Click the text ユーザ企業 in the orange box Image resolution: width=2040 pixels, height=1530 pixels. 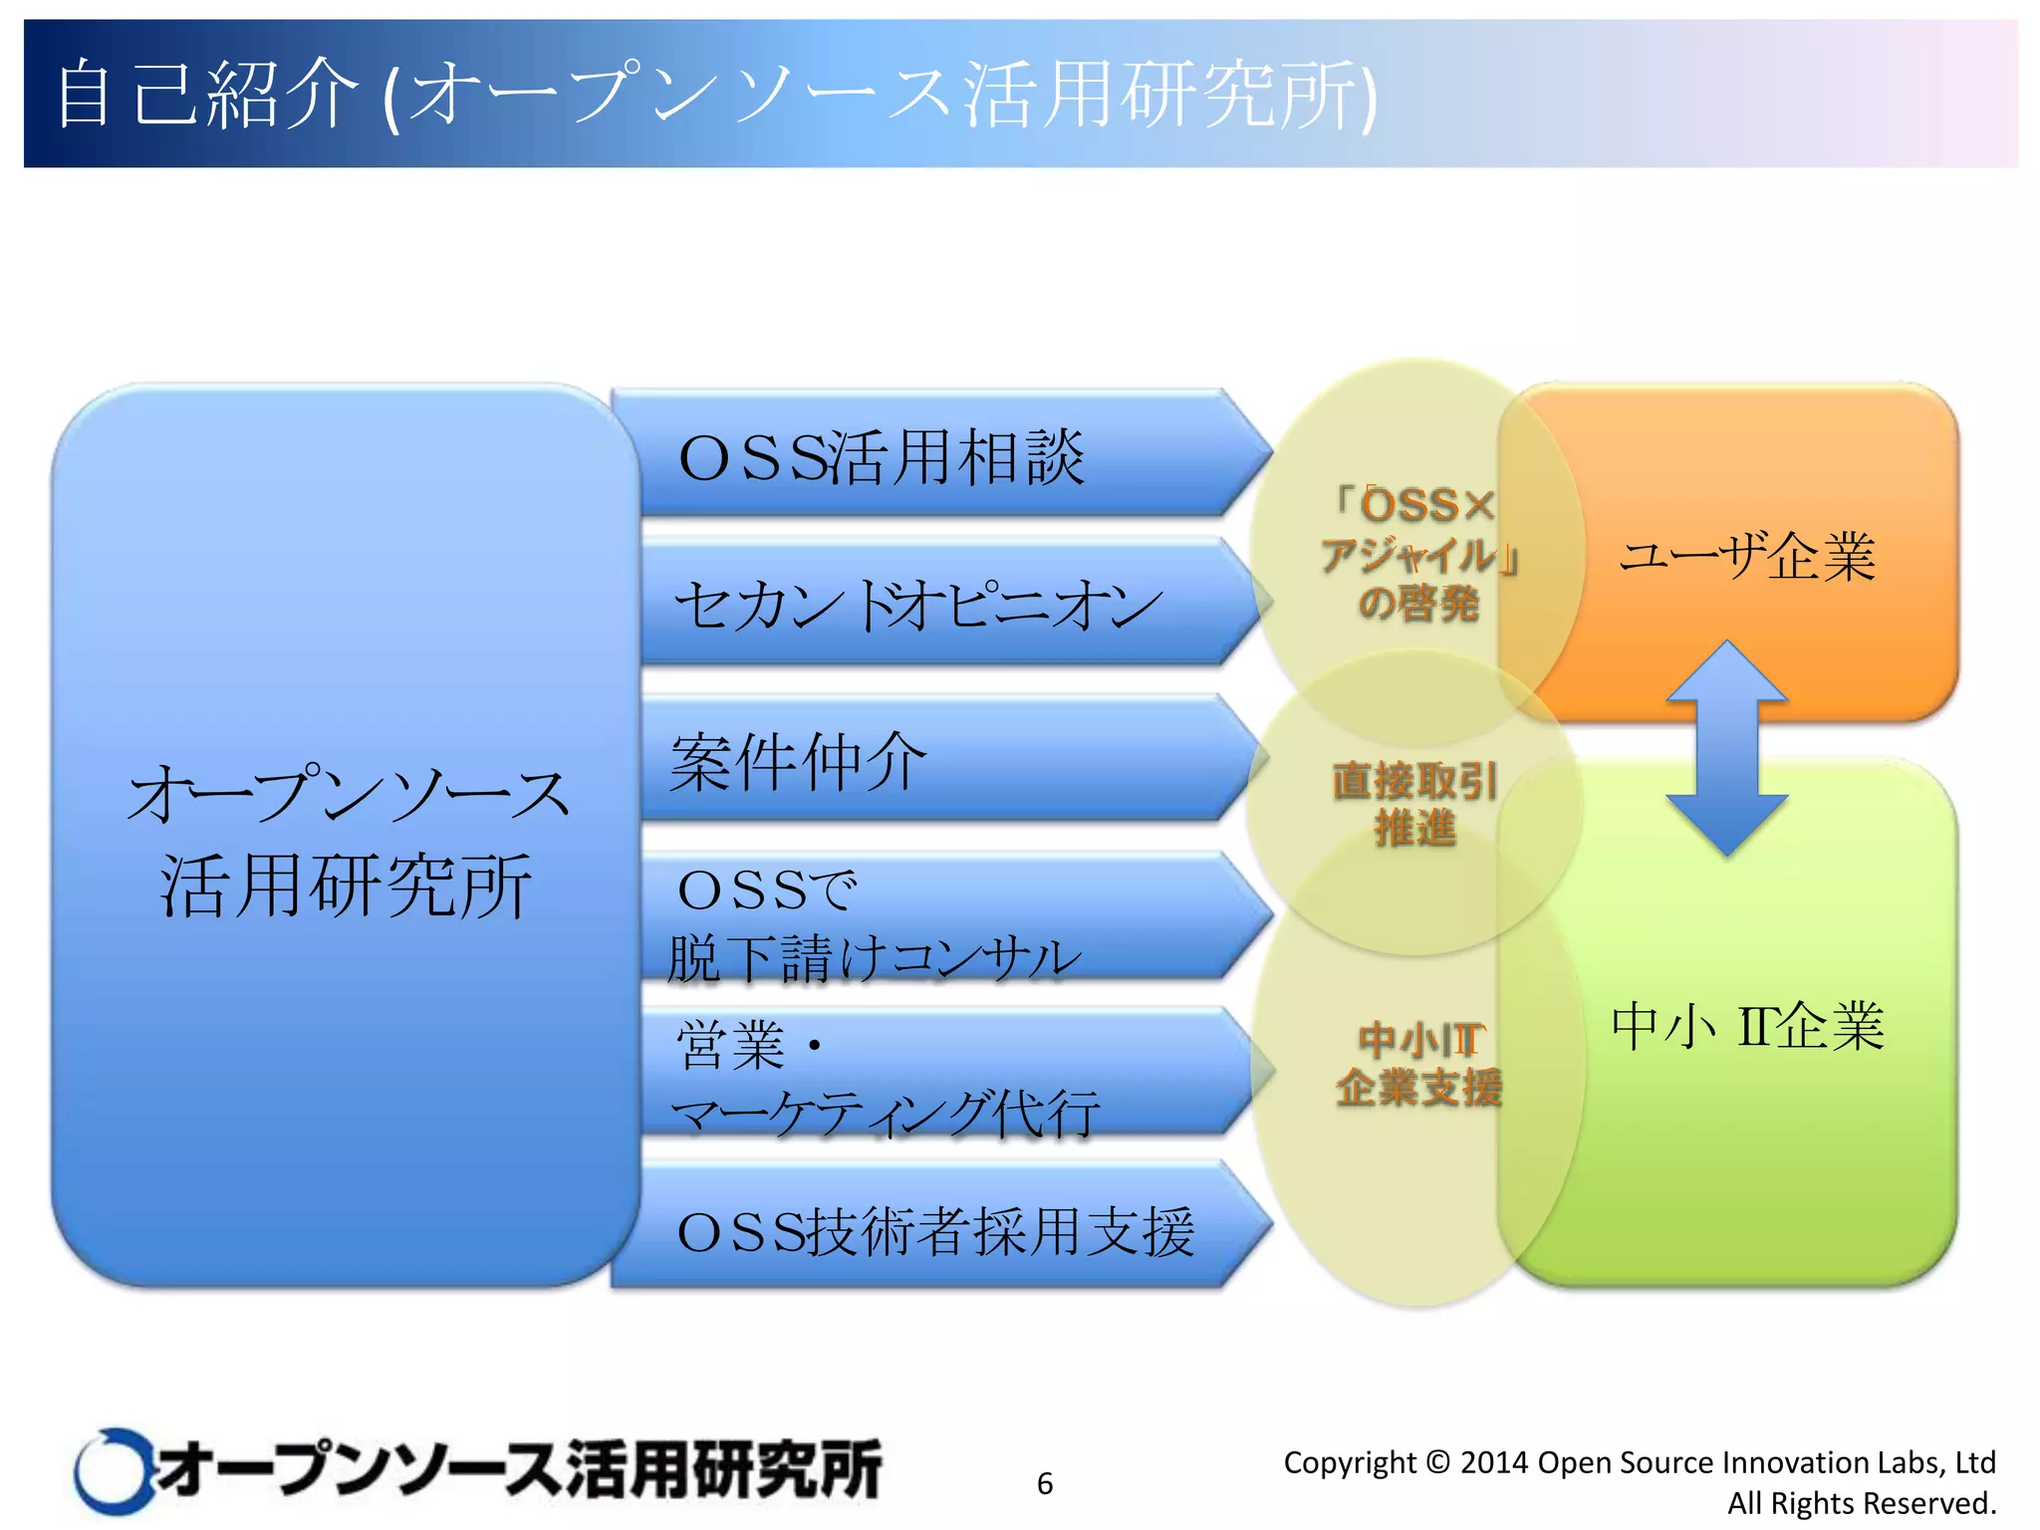pyautogui.click(x=1747, y=556)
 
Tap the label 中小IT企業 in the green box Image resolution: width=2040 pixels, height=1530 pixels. pyautogui.click(x=1747, y=1026)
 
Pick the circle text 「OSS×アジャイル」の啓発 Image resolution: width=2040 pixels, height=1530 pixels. pyautogui.click(x=1418, y=554)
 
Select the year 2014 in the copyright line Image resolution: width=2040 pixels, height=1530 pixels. pyautogui.click(x=1494, y=1462)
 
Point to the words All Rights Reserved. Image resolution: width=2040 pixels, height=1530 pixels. pyautogui.click(x=1861, y=1503)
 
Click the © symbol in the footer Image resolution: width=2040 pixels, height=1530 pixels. pyautogui.click(x=1437, y=1462)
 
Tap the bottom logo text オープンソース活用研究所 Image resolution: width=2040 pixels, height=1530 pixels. pyautogui.click(x=518, y=1470)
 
